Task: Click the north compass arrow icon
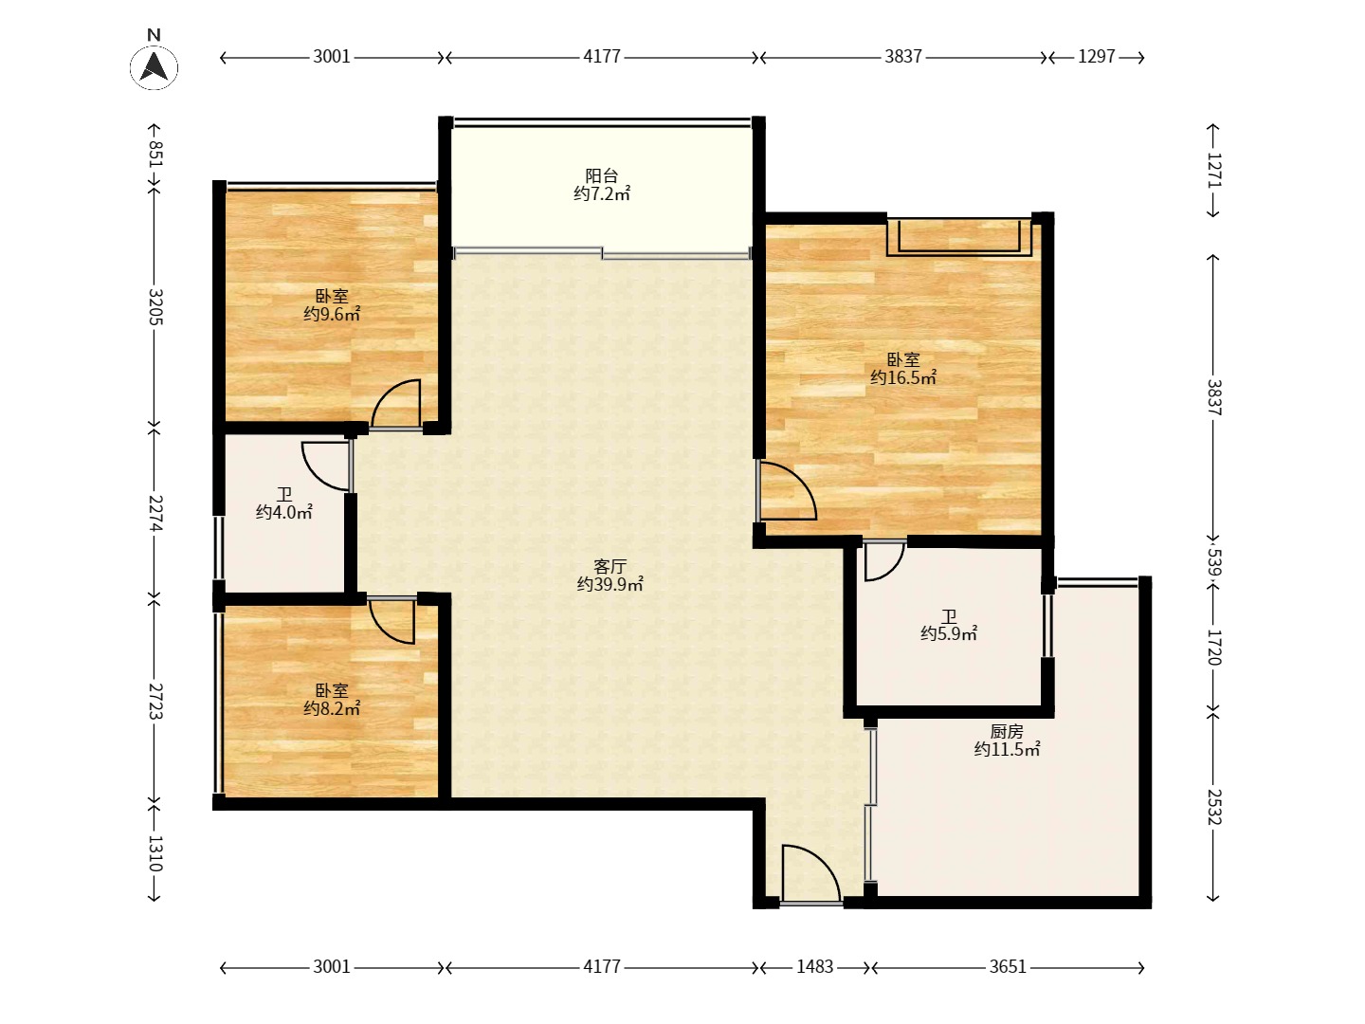(154, 67)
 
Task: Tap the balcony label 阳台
(601, 176)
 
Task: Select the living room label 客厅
(610, 566)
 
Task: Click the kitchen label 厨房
(1006, 732)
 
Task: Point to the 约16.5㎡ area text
(903, 377)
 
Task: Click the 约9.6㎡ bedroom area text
(332, 314)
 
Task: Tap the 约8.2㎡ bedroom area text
(332, 708)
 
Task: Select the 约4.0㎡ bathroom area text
(283, 512)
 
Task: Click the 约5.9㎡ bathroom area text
(948, 633)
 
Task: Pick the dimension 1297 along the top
(1097, 57)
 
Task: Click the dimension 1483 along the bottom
(814, 966)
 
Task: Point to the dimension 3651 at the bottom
(1008, 966)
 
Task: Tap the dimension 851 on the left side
(155, 155)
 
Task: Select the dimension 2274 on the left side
(155, 514)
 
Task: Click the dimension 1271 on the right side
(1214, 171)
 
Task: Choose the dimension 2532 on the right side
(1214, 807)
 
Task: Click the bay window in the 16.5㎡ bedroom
(959, 236)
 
